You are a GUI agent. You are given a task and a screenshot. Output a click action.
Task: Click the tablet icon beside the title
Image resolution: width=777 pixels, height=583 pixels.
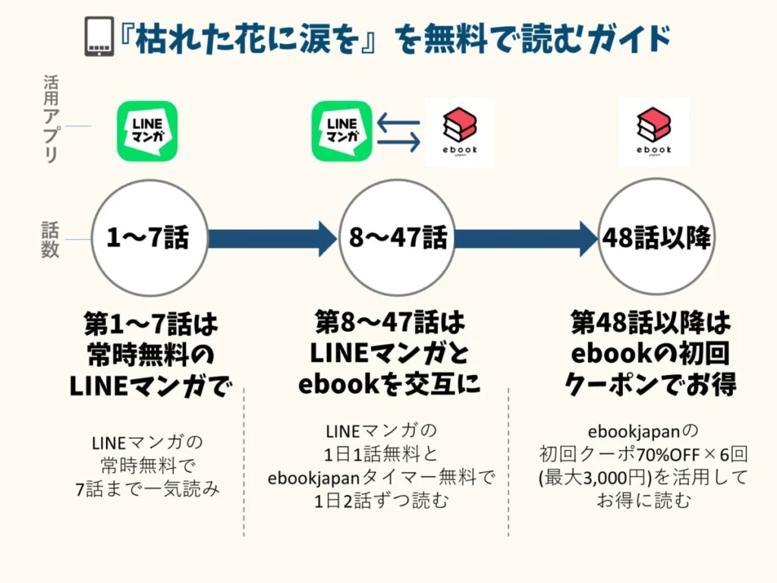coord(99,36)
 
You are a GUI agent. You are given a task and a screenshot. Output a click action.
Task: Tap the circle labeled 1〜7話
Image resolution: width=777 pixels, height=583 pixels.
coord(149,238)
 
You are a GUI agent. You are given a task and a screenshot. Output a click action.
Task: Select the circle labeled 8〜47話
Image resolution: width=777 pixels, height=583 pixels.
coord(397,238)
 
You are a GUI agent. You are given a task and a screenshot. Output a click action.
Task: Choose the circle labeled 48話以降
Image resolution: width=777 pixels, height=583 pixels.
coord(656,238)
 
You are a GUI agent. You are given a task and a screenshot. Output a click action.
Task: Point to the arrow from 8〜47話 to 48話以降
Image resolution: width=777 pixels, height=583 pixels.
coord(525,238)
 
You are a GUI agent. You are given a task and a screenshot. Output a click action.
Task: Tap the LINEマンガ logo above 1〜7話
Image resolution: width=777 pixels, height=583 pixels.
coord(147,131)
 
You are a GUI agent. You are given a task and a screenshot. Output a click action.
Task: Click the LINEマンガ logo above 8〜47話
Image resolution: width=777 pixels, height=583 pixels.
coord(342,131)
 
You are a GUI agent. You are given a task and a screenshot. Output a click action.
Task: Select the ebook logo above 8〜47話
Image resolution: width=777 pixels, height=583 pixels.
coord(459,132)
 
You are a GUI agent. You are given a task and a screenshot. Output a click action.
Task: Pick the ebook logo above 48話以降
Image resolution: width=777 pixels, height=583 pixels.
coord(654,132)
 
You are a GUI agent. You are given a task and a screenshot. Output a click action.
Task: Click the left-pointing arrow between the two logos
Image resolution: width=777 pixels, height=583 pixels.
coord(398,121)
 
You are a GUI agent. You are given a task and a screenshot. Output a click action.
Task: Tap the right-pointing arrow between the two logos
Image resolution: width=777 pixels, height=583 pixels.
coord(399,141)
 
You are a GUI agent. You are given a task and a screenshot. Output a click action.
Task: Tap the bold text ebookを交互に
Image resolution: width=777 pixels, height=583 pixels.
coord(389,384)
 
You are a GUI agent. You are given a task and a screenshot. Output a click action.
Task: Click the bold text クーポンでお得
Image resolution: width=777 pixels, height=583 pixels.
coord(650,384)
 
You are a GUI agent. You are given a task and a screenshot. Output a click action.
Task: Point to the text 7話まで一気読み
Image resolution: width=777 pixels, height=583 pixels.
coord(148,489)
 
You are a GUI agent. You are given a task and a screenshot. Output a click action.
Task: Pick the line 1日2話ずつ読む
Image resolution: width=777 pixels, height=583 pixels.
coord(382,502)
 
